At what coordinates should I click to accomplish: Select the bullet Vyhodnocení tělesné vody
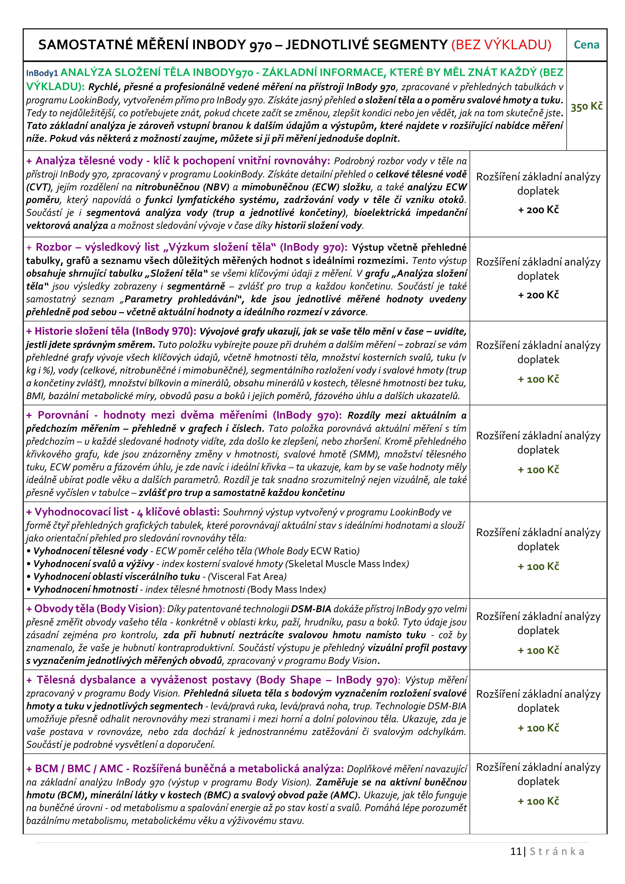click(x=91, y=551)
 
